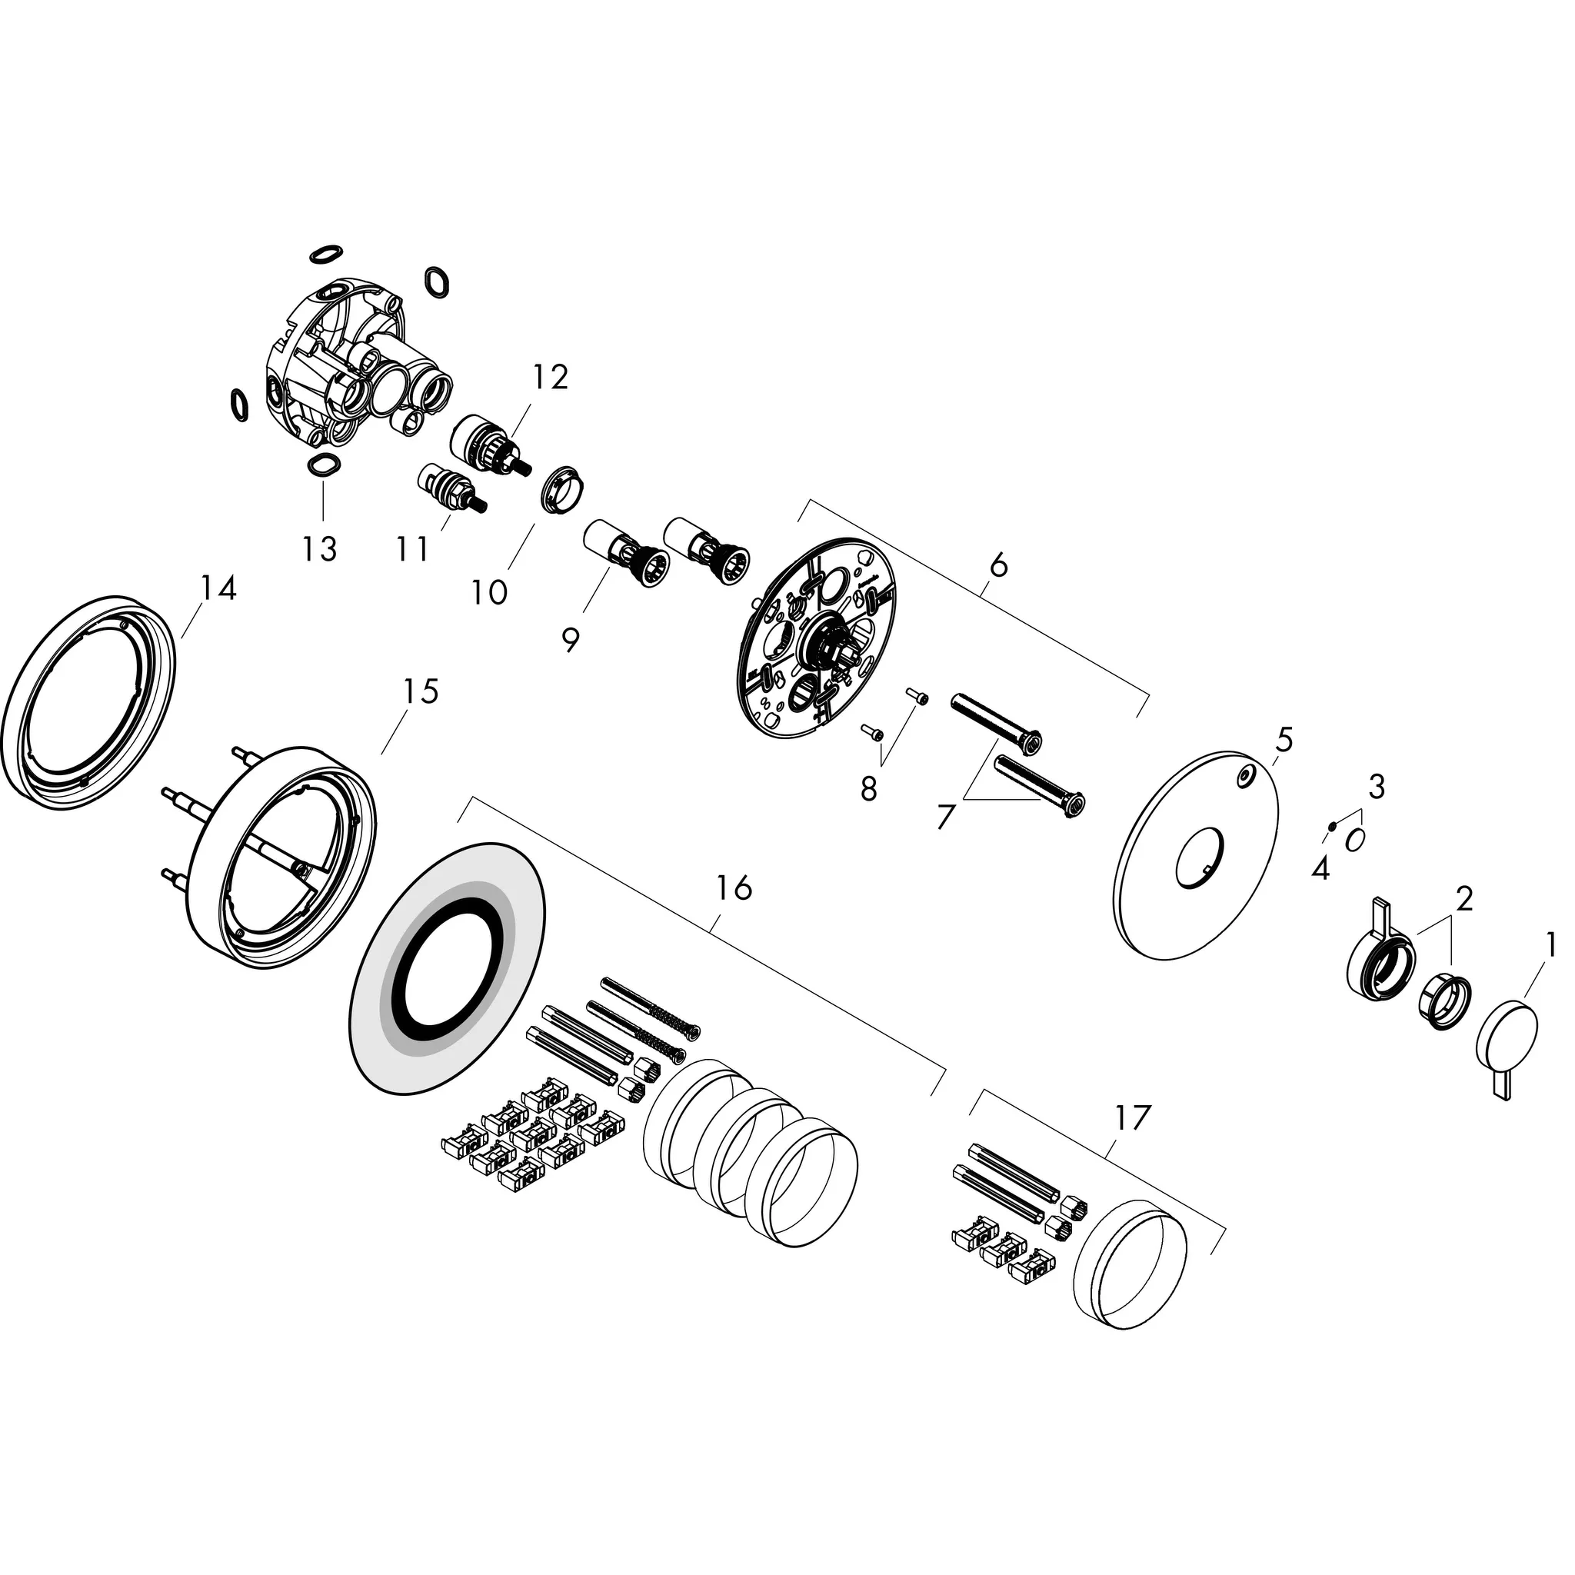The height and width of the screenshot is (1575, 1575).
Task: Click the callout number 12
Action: tap(551, 378)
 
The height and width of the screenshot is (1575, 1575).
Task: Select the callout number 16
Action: tap(734, 887)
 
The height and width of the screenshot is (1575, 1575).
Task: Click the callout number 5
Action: tap(1284, 741)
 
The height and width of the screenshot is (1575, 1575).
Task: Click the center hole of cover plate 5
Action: tap(1199, 856)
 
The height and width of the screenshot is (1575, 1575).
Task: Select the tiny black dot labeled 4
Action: tap(1330, 826)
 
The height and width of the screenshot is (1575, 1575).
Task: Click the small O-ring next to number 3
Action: tap(1354, 840)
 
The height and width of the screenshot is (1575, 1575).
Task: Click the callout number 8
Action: tap(869, 788)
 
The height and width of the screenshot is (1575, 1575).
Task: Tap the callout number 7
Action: tap(946, 817)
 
